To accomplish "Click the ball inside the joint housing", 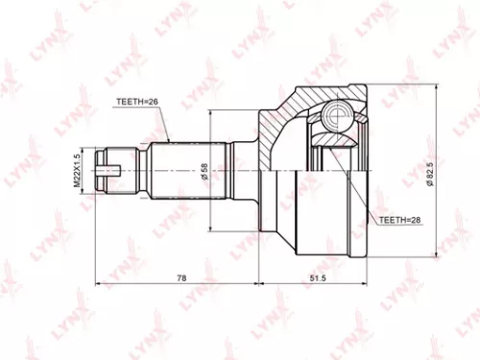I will point(336,118).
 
